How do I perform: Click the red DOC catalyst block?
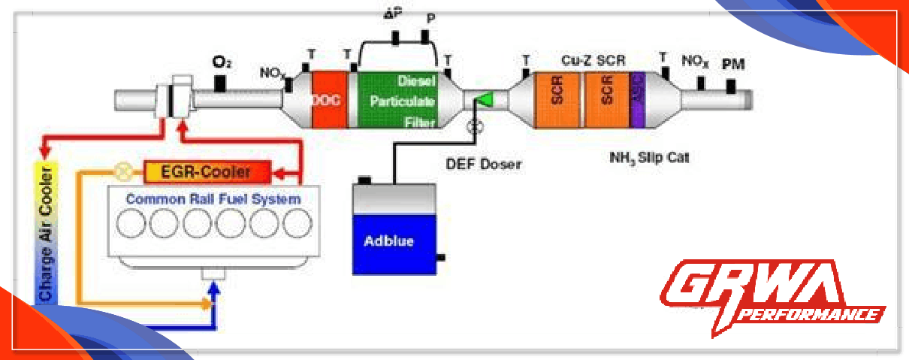[x=328, y=99]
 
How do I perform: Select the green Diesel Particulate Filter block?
[x=397, y=99]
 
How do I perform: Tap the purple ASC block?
[x=638, y=99]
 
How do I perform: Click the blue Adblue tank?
[x=394, y=242]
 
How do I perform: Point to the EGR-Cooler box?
[x=206, y=172]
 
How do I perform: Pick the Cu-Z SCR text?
[x=593, y=59]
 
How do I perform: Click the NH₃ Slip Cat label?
[x=648, y=158]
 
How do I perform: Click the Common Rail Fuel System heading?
[x=213, y=199]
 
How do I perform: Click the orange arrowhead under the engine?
[x=207, y=304]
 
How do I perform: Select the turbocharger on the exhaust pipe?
[x=173, y=98]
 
